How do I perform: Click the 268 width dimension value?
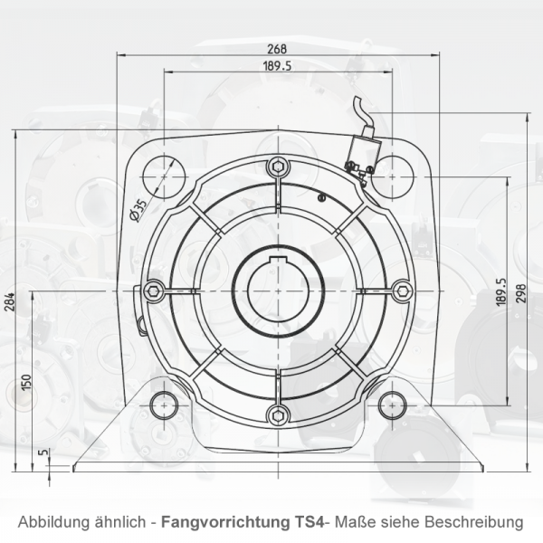[278, 49]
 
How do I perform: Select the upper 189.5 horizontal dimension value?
[277, 66]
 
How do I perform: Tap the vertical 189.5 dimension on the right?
[500, 293]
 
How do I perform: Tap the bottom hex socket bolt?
[278, 414]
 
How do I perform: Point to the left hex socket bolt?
[154, 290]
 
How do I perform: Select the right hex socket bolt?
[401, 290]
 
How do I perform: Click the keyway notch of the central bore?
[278, 260]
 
